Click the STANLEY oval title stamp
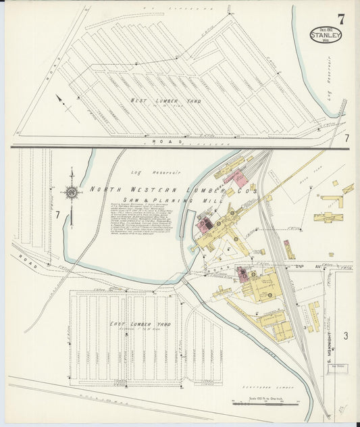pos(326,34)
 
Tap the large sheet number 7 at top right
pos(341,19)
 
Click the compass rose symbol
pos(71,193)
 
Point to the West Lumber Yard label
pos(157,101)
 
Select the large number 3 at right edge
pos(344,336)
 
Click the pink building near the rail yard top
pos(235,178)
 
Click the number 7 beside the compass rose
pos(58,215)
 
